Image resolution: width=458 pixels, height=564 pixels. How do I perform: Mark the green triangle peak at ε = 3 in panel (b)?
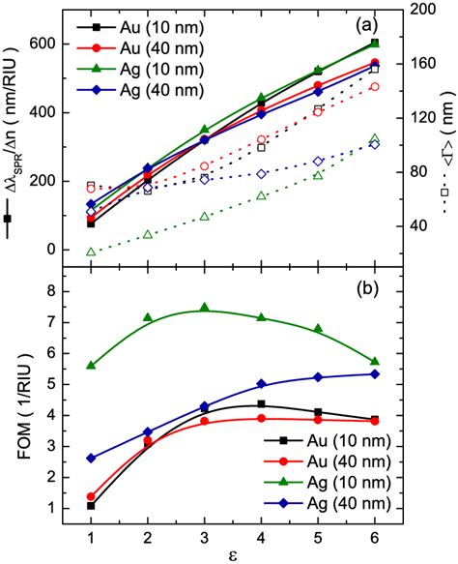[x=204, y=308]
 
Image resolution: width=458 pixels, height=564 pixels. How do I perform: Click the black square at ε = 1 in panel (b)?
[x=91, y=506]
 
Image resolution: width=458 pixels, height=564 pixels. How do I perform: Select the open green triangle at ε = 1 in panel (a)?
[x=91, y=252]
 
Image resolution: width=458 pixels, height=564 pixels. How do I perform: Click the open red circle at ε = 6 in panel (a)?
[x=375, y=87]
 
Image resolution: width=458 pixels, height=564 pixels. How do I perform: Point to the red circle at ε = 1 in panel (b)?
[x=91, y=496]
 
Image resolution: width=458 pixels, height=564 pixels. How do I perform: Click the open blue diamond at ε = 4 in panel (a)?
[x=261, y=174]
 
